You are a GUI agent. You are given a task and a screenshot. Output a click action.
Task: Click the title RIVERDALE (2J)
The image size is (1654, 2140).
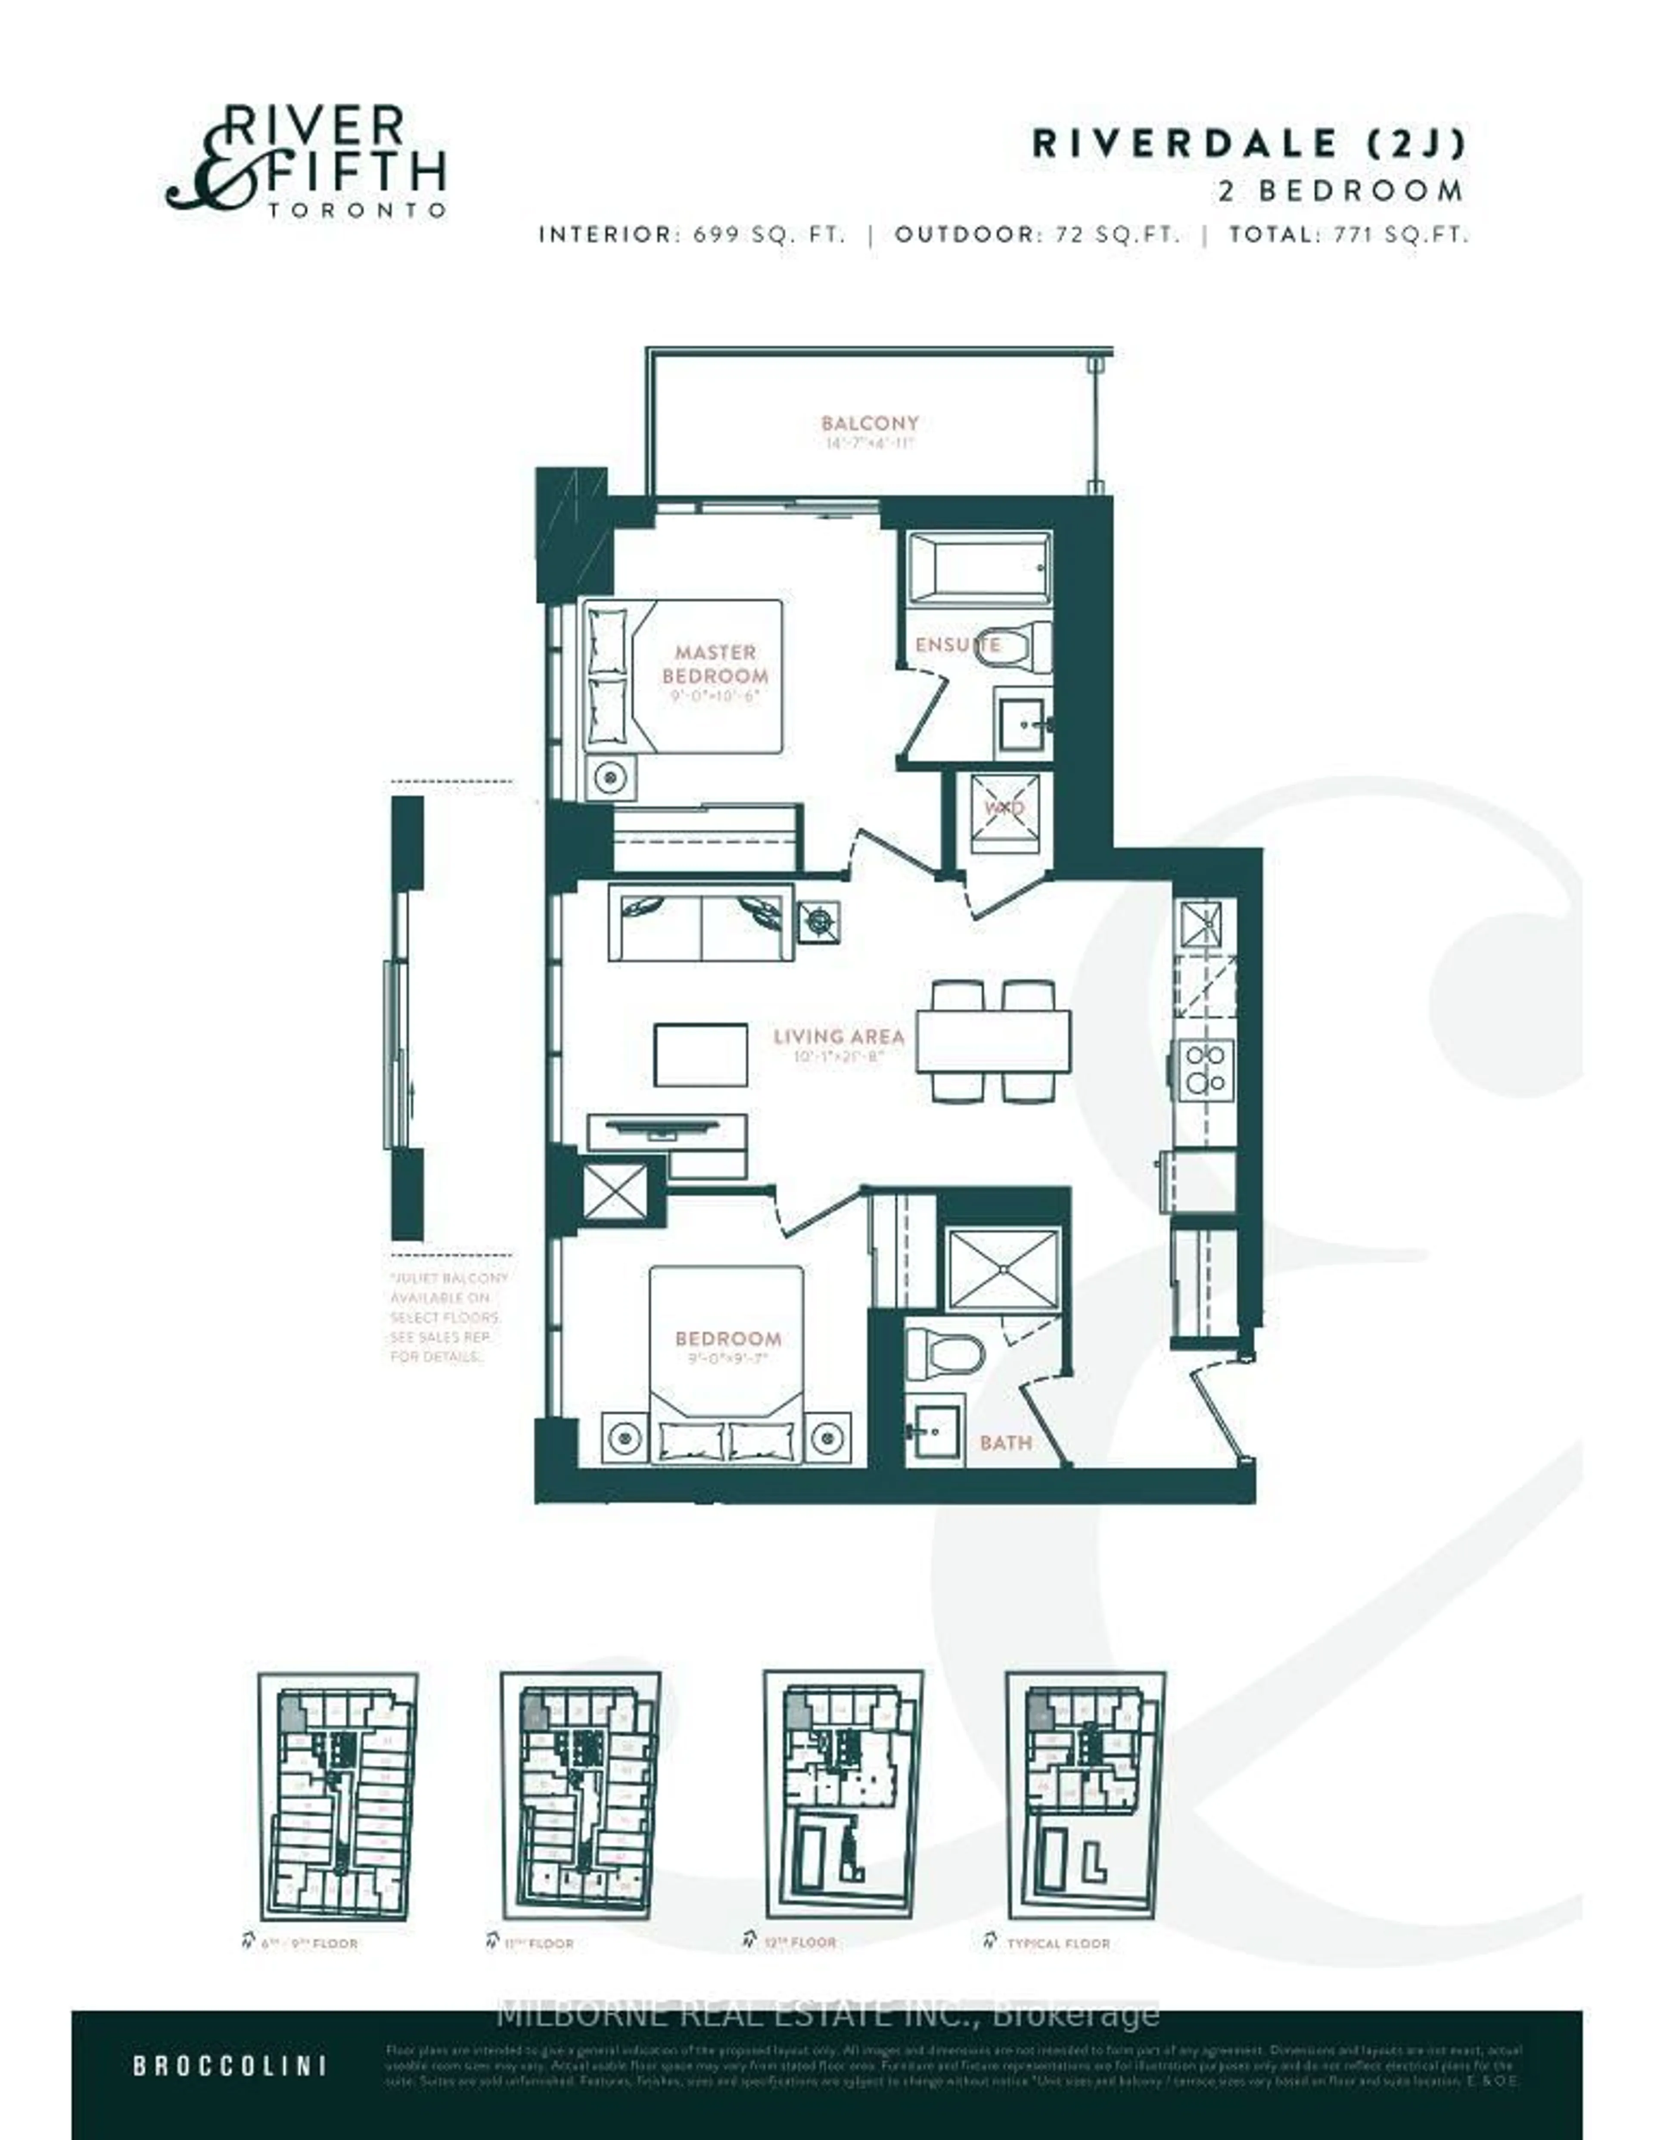(1249, 144)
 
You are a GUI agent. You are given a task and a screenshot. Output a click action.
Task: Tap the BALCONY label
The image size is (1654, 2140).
(869, 423)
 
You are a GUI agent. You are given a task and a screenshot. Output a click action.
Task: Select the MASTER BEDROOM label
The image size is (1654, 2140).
(714, 665)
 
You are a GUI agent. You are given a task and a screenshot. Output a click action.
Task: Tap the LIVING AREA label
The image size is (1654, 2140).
(838, 1037)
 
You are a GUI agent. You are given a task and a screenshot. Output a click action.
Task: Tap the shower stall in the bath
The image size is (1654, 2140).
(1003, 1268)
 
